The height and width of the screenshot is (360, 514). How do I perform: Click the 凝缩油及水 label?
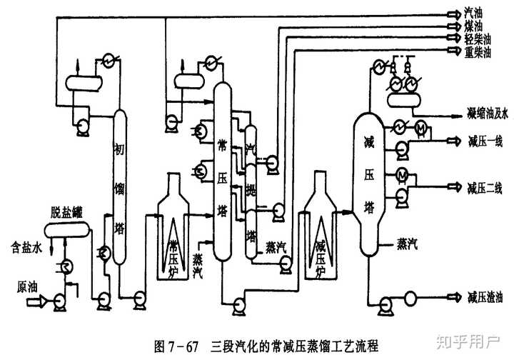coord(486,114)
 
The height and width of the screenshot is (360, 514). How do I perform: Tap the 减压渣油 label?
coord(485,296)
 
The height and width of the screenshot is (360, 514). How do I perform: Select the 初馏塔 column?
coord(119,186)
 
